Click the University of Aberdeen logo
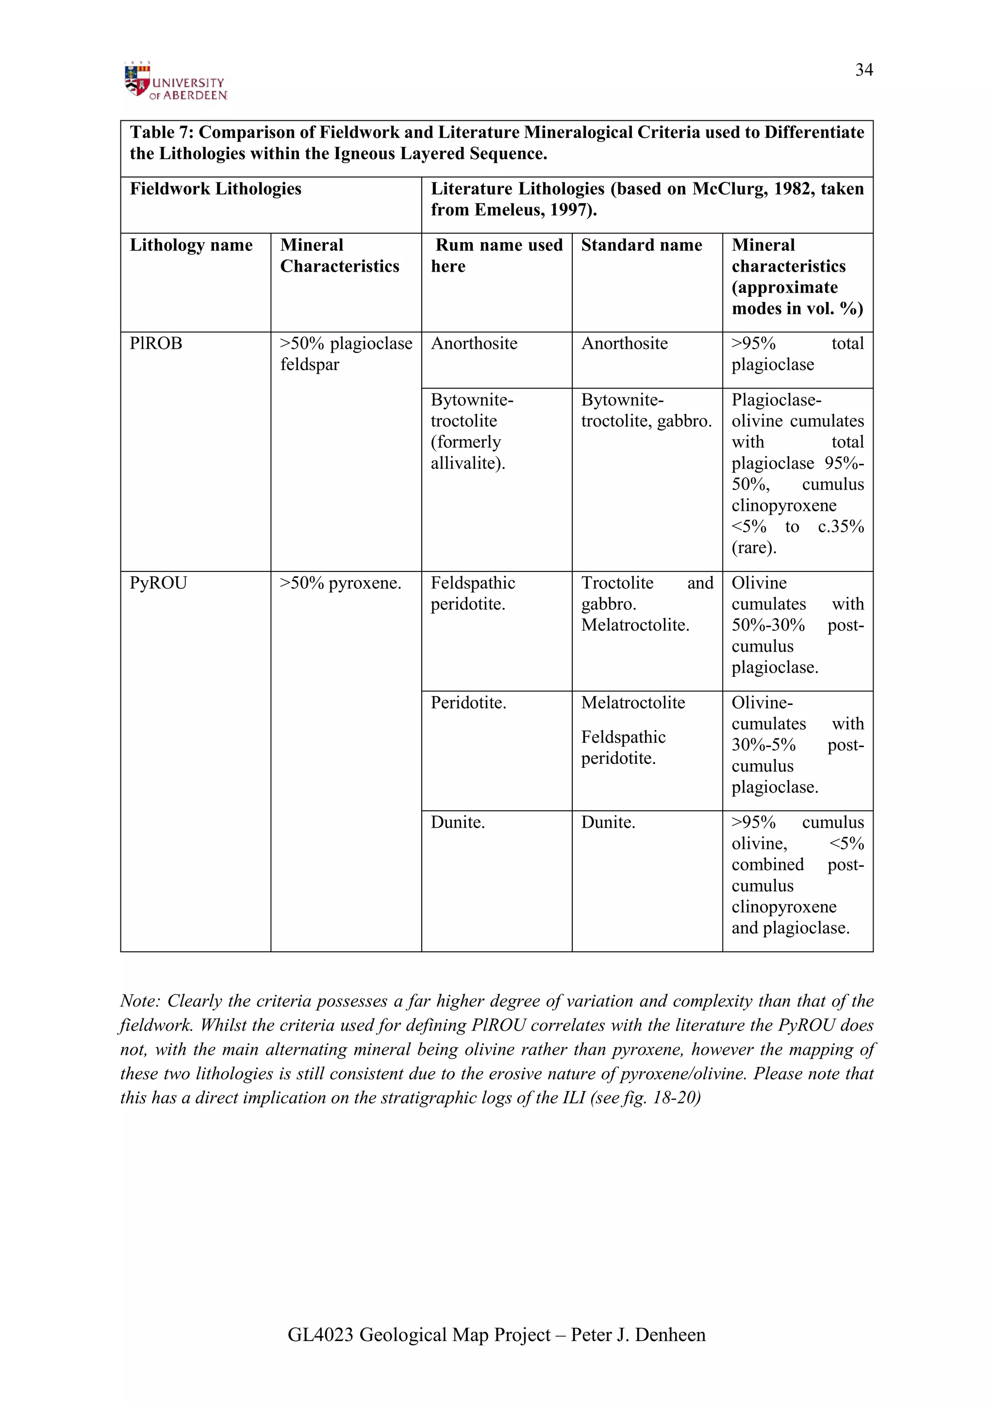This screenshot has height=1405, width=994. (x=175, y=82)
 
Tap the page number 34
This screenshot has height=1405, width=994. (x=863, y=70)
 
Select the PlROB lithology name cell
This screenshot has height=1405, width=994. (x=156, y=343)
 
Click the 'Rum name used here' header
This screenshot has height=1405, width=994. (x=497, y=255)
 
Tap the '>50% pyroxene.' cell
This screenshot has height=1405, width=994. (x=340, y=583)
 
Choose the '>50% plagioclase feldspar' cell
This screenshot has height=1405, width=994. (x=346, y=354)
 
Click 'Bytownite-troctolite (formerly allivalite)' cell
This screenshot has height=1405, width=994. (x=471, y=431)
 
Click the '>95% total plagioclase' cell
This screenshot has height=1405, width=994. (x=796, y=354)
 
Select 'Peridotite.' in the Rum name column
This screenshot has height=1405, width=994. (x=468, y=702)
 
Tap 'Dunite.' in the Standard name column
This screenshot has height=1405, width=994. (x=608, y=822)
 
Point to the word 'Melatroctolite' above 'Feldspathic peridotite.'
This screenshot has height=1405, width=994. (x=633, y=702)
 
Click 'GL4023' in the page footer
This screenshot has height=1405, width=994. (x=320, y=1335)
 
